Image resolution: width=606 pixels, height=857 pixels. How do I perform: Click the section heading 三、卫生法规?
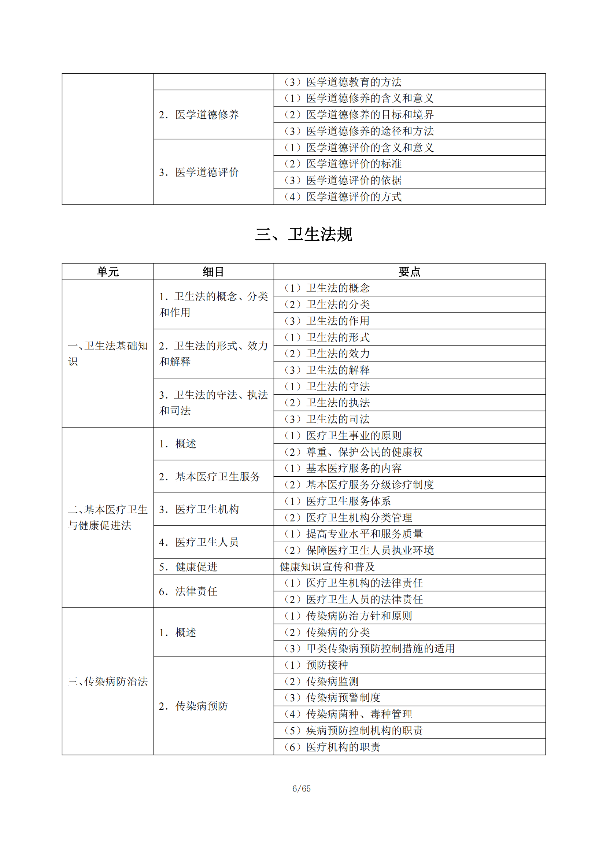pos(303,234)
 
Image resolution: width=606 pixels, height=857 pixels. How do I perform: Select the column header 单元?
pos(107,272)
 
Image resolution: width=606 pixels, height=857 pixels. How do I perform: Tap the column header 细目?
pos(213,272)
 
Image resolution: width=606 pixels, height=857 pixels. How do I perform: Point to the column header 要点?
pos(409,272)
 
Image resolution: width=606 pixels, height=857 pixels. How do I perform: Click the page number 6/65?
pos(302,788)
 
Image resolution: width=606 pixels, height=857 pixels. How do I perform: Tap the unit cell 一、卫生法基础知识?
pos(107,354)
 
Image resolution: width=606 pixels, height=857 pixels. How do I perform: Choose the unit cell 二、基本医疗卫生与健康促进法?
pos(107,517)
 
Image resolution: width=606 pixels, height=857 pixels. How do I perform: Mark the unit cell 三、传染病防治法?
pos(107,681)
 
